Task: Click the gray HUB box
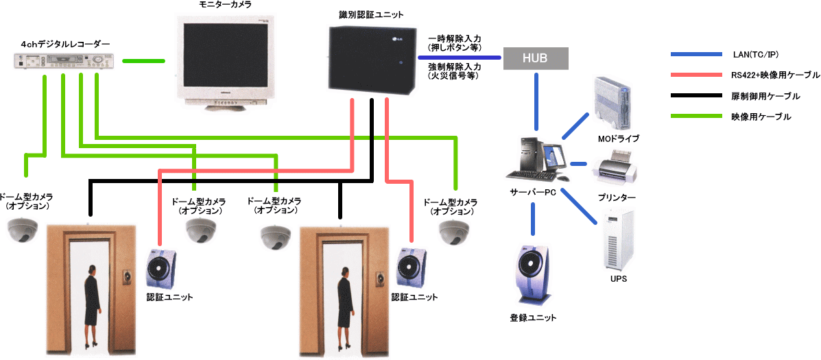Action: click(536, 59)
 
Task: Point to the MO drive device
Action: click(612, 102)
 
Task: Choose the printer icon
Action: click(612, 170)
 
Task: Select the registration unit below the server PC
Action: click(532, 274)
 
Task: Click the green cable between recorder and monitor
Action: click(144, 61)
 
